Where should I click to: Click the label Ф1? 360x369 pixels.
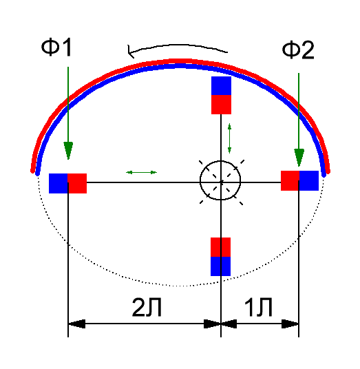56,48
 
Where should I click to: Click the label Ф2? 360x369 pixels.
298,50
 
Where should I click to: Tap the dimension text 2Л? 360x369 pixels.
147,307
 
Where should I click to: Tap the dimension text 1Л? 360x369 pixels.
258,307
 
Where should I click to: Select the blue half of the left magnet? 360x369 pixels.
58,184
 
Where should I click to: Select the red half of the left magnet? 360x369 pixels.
77,184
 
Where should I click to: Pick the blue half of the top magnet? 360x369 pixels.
221,85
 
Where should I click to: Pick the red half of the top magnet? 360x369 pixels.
221,105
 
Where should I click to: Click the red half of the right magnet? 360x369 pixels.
290,181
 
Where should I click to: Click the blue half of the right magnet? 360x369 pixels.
309,181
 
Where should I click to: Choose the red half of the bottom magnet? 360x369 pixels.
220,247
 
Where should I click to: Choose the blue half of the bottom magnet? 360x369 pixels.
220,266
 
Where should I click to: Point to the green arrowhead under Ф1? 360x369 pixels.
68,151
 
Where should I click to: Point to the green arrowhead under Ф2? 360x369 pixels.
299,158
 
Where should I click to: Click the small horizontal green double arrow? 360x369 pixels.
141,173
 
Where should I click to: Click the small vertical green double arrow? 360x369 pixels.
229,138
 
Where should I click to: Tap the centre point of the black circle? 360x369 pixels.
221,182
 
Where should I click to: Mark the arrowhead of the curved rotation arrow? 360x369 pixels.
130,52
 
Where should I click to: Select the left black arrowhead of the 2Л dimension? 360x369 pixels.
76,324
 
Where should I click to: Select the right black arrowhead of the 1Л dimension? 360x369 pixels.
290,324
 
